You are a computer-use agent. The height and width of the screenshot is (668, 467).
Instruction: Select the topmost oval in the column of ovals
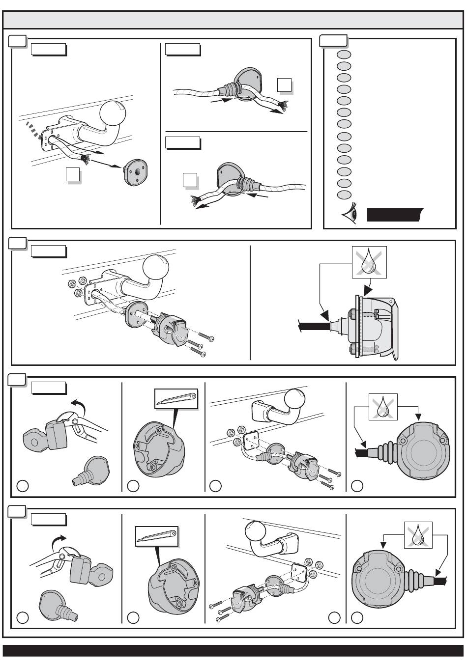click(x=344, y=54)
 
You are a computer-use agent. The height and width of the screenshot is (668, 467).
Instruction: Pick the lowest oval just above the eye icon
click(x=344, y=195)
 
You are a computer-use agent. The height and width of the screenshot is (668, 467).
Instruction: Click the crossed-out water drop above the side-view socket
click(x=369, y=262)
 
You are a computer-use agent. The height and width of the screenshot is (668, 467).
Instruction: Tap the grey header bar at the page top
click(x=233, y=20)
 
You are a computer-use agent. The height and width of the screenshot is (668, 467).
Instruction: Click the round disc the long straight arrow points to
click(x=136, y=171)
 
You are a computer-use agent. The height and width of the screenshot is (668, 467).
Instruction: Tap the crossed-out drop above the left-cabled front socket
click(x=383, y=407)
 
